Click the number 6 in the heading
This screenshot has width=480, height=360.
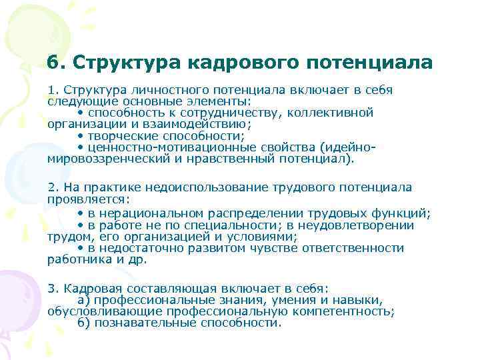tap(53, 63)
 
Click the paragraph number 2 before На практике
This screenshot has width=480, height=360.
tap(51, 188)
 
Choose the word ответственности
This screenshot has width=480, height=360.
tap(353, 248)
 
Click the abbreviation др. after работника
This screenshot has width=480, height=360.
tap(138, 259)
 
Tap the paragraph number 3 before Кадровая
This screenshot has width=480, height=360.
tap(51, 288)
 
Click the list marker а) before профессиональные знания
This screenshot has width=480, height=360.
tap(83, 300)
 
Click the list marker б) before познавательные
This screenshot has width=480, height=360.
tap(83, 323)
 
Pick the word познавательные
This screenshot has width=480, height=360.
tap(143, 323)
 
